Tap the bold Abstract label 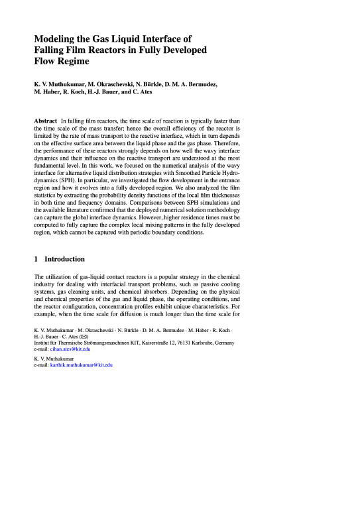pyautogui.click(x=45, y=121)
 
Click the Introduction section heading pyautogui.click(x=64, y=259)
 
